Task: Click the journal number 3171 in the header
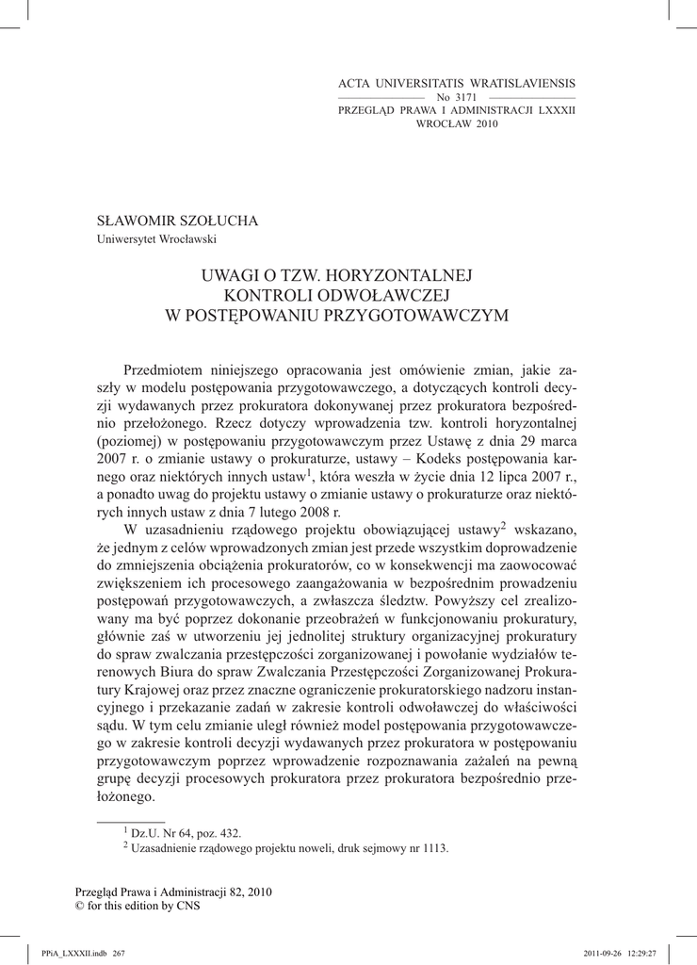click(465, 97)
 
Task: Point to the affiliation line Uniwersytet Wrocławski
click(157, 238)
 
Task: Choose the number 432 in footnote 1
click(229, 833)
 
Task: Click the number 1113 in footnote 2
click(433, 848)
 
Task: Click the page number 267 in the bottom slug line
click(120, 953)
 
